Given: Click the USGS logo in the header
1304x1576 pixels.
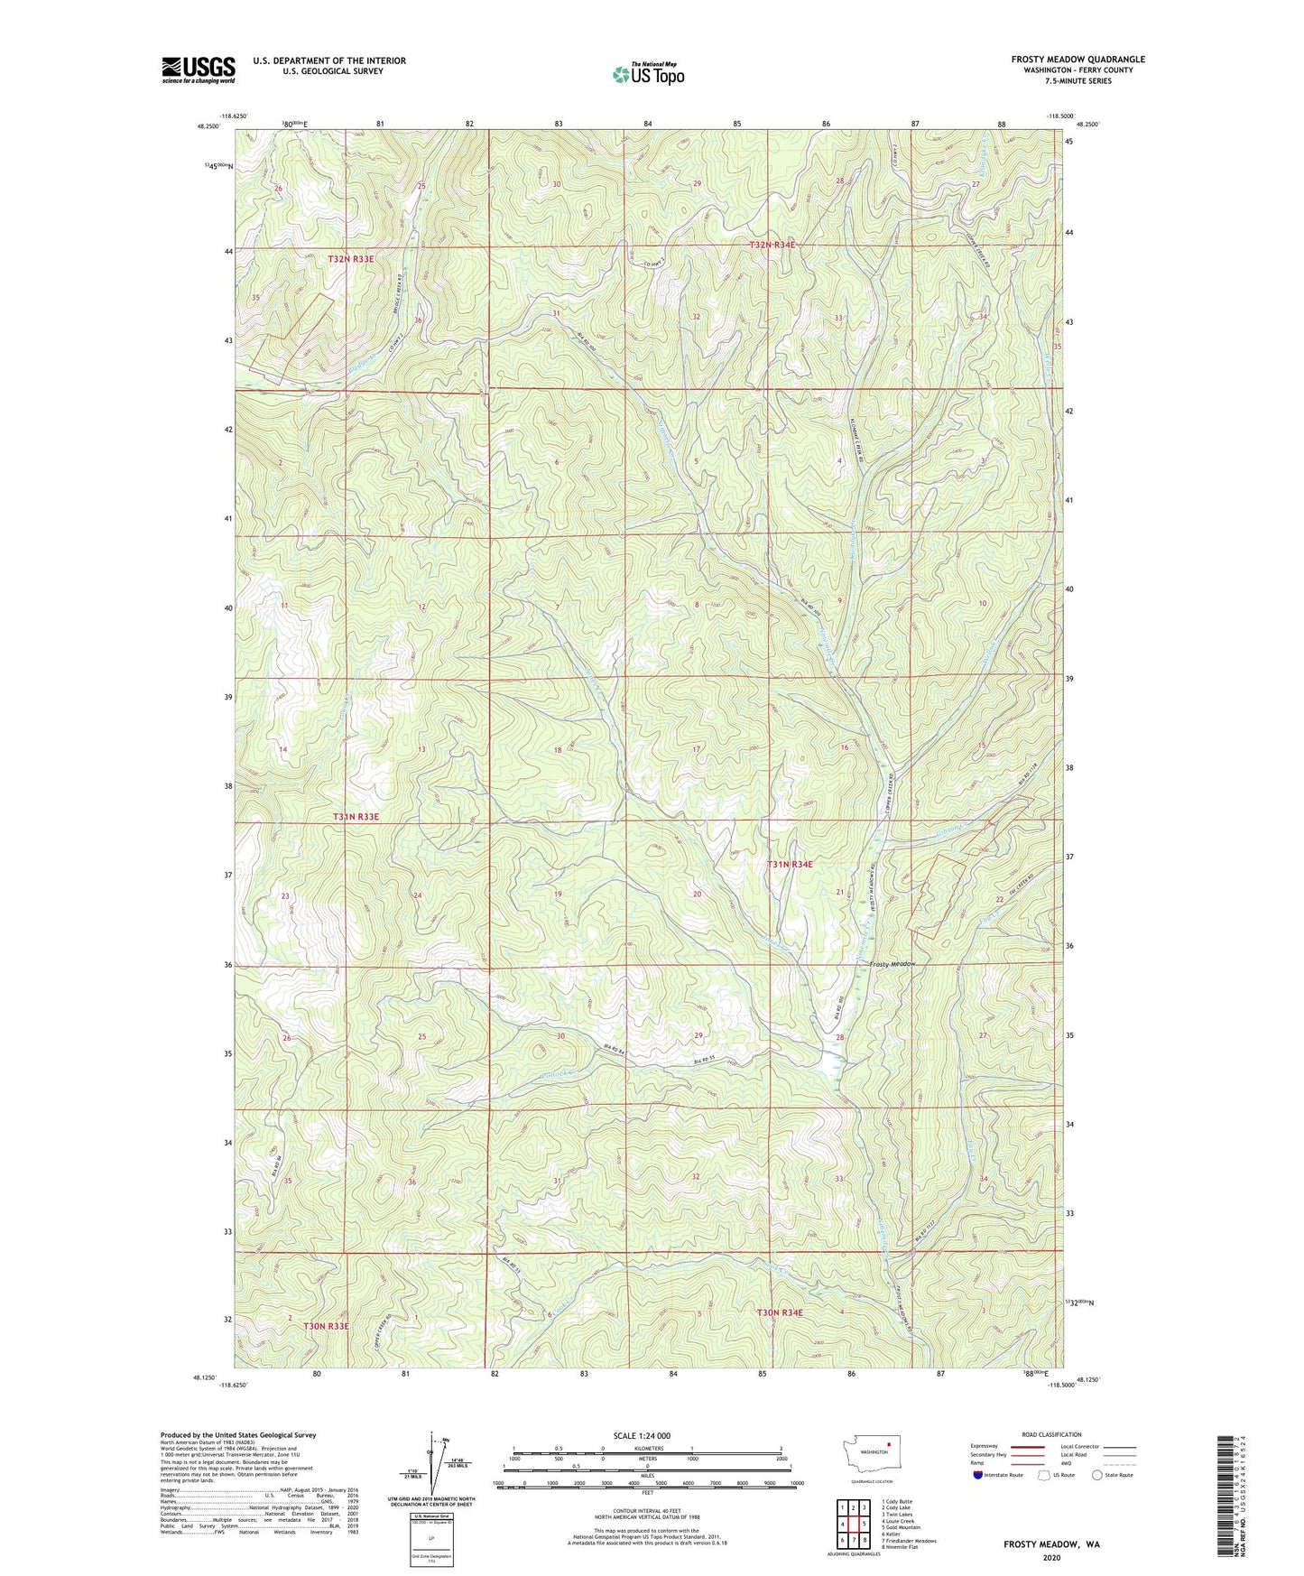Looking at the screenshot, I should point(199,69).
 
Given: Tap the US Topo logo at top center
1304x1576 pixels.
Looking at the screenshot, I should point(648,73).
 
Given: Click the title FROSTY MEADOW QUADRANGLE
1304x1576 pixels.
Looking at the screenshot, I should point(1077,60).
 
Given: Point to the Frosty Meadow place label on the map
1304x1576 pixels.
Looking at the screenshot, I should point(892,964).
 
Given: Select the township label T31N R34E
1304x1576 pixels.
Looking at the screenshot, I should point(790,865).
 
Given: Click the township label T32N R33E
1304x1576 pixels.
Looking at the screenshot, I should point(350,259).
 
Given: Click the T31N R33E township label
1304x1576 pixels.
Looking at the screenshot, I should point(356,817).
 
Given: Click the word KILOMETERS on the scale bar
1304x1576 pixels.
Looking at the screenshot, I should point(647,1448).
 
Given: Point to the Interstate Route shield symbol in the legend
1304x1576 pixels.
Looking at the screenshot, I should point(978,1475).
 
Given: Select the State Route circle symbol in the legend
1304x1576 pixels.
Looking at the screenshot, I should point(1097,1475).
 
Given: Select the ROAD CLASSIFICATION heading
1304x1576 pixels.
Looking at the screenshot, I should point(1051,1434).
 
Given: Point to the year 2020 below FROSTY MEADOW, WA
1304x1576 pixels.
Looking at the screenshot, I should point(1050,1557).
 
